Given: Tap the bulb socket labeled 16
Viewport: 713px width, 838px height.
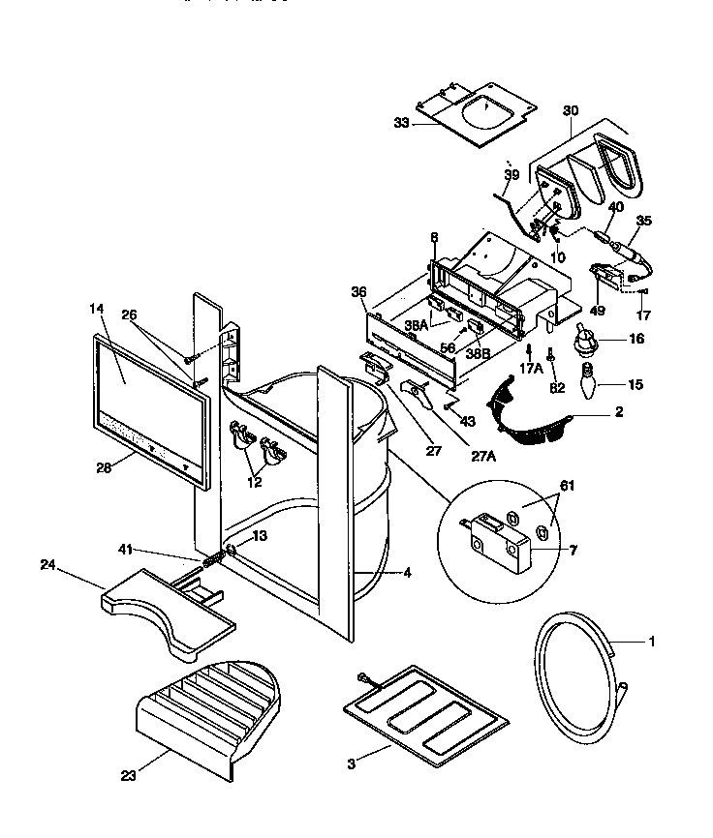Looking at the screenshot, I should click(584, 340).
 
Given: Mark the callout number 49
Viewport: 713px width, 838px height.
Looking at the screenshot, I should click(598, 311).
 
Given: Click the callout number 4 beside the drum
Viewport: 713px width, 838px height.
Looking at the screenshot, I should click(407, 572).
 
